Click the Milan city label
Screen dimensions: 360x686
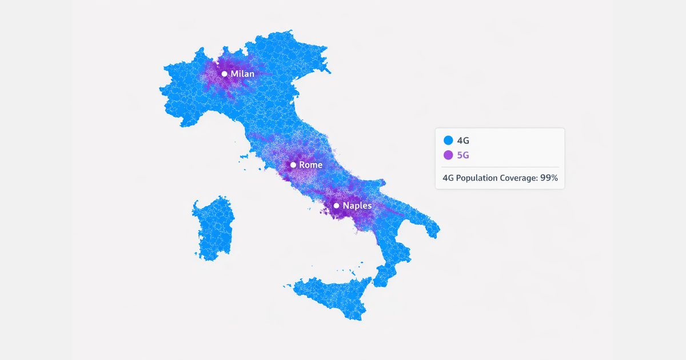click(x=242, y=74)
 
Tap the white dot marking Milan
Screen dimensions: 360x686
click(x=225, y=74)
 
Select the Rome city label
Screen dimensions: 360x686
click(x=311, y=165)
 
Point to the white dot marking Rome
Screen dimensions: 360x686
click(x=293, y=165)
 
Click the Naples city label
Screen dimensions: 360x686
click(x=357, y=205)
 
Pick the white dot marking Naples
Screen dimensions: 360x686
click(x=337, y=205)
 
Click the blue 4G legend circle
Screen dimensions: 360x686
click(x=448, y=140)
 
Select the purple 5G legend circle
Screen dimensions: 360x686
click(x=448, y=155)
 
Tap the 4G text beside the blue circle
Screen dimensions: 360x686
click(x=464, y=140)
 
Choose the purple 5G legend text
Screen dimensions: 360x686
click(x=464, y=155)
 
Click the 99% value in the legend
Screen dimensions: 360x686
click(x=549, y=178)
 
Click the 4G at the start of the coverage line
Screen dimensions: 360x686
click(x=449, y=178)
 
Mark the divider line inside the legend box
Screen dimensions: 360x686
click(x=500, y=167)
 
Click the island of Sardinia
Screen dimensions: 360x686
click(x=213, y=229)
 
